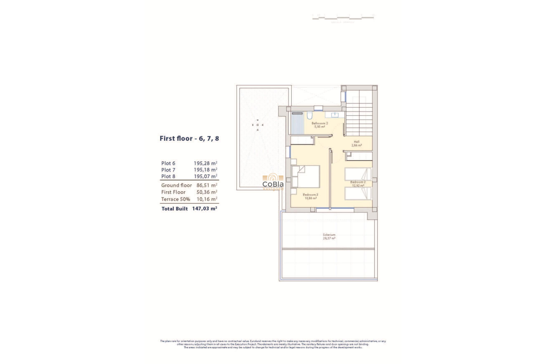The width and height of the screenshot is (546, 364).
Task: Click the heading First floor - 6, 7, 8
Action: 189,138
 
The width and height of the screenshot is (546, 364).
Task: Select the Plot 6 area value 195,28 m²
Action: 205,163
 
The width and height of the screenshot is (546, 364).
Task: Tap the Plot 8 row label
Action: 168,176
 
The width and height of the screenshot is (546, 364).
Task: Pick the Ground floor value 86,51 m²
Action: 207,185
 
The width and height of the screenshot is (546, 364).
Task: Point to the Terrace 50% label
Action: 175,199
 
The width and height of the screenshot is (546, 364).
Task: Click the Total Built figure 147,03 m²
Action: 204,209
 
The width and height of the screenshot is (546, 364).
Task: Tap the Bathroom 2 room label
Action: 320,123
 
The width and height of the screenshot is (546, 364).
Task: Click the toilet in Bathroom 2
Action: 310,116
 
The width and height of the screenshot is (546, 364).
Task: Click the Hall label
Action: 357,142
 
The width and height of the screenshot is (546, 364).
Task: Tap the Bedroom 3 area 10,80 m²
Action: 311,198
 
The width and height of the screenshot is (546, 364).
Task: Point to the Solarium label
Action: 329,235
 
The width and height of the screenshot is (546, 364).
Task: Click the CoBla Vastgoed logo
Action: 273,182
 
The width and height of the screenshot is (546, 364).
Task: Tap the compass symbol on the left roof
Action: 258,125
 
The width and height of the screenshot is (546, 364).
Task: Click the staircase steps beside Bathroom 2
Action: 359,119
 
